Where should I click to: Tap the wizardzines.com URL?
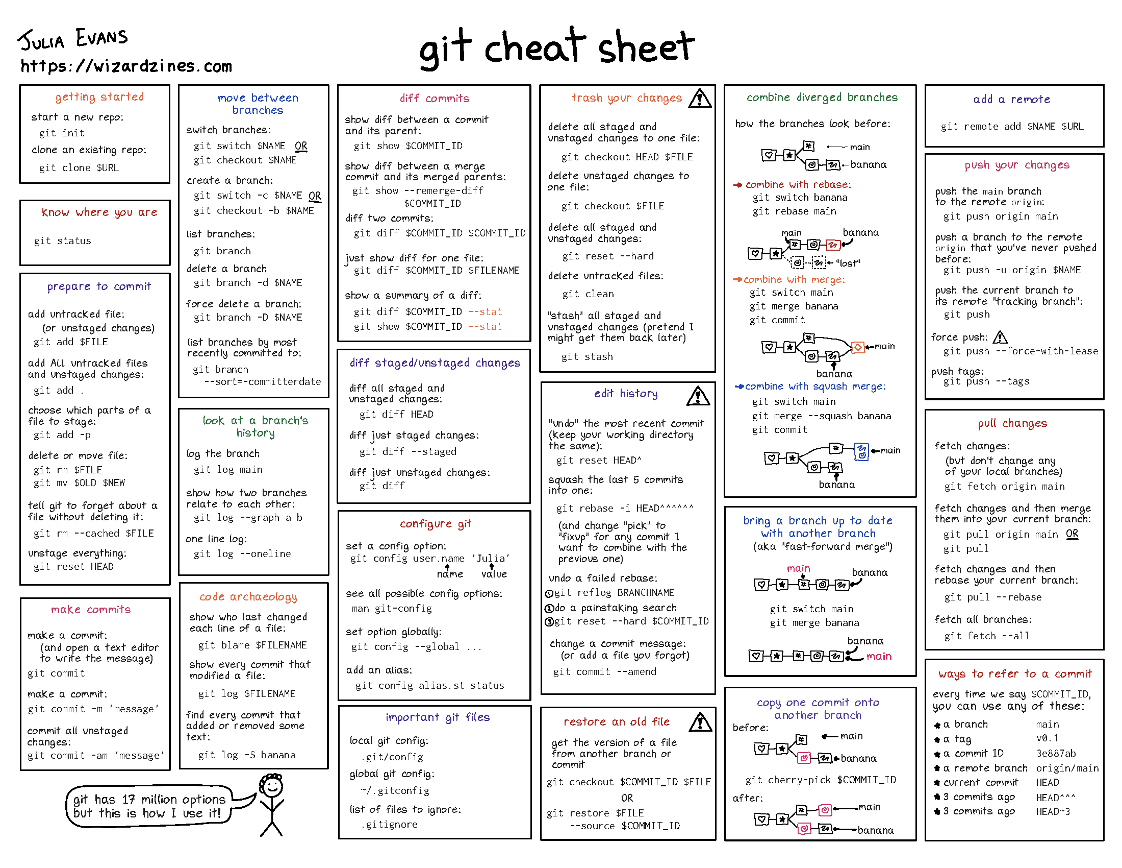tap(126, 66)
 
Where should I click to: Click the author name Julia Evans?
tap(73, 39)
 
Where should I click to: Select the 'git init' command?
tap(62, 133)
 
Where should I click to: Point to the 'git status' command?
tap(63, 240)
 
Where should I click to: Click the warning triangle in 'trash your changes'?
tap(699, 98)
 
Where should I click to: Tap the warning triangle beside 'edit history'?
tap(698, 396)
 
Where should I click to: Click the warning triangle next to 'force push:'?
tap(1000, 337)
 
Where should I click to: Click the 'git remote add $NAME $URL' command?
tap(1012, 127)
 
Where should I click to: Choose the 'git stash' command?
tap(586, 356)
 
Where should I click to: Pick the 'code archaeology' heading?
tap(248, 596)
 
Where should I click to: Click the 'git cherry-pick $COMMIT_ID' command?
tap(821, 780)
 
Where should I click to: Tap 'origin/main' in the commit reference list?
tap(1067, 768)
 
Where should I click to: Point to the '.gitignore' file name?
tap(389, 824)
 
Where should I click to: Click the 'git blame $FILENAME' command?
tap(252, 645)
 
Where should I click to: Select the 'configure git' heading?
tap(435, 523)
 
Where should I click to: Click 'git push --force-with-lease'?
tap(1021, 351)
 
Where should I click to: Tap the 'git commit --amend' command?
tap(605, 671)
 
